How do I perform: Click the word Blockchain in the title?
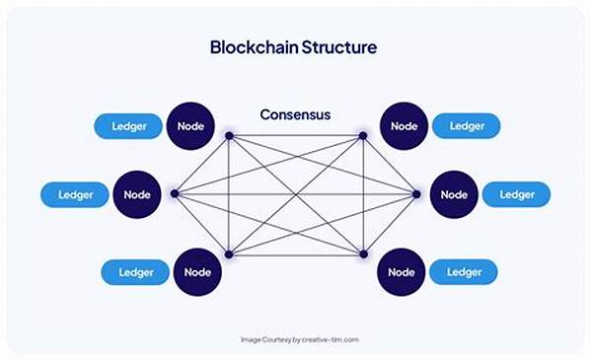coord(252,46)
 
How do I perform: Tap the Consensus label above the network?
coord(295,114)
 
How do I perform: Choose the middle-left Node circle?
coord(138,194)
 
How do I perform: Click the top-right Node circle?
coord(404,126)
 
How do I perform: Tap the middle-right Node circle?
coord(455,194)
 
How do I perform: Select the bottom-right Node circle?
coord(402,271)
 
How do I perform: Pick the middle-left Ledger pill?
coord(75,194)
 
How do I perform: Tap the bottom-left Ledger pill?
coord(136,271)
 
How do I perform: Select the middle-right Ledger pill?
coord(517,194)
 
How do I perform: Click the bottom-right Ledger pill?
coord(463,271)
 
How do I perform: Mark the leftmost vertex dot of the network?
coord(175,194)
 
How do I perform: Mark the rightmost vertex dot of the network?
coord(416,194)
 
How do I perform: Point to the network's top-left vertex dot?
coord(229,135)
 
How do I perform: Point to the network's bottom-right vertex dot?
coord(363,254)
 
